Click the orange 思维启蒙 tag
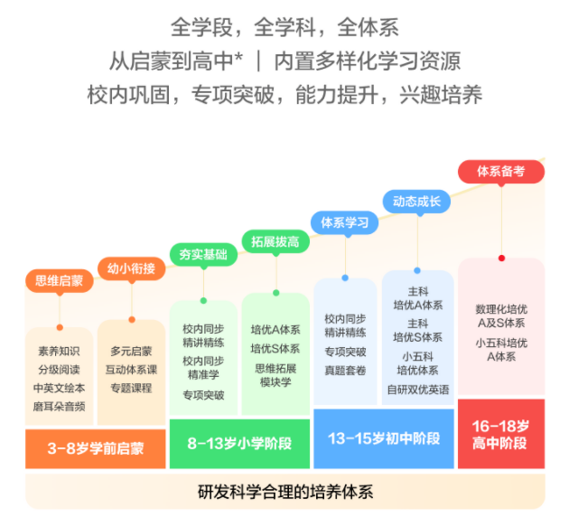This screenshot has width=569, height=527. click(x=59, y=280)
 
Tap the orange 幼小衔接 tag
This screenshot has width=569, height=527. click(x=131, y=268)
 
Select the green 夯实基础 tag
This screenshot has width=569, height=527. click(x=203, y=254)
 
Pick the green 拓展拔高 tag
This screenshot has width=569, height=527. click(x=275, y=241)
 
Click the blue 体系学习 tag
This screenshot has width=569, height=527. click(x=344, y=221)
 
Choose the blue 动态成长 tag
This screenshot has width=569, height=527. click(x=415, y=201)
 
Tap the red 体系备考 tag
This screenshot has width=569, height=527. click(x=500, y=171)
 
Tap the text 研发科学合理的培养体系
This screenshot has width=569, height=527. click(x=285, y=494)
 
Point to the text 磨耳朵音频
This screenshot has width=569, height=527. click(x=60, y=407)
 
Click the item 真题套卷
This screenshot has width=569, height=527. click(x=345, y=369)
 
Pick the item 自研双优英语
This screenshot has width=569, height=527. click(x=416, y=390)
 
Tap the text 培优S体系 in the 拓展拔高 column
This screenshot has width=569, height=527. click(x=275, y=348)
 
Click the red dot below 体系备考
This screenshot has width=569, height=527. click(x=501, y=258)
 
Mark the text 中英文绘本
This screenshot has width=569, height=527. click(x=60, y=389)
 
